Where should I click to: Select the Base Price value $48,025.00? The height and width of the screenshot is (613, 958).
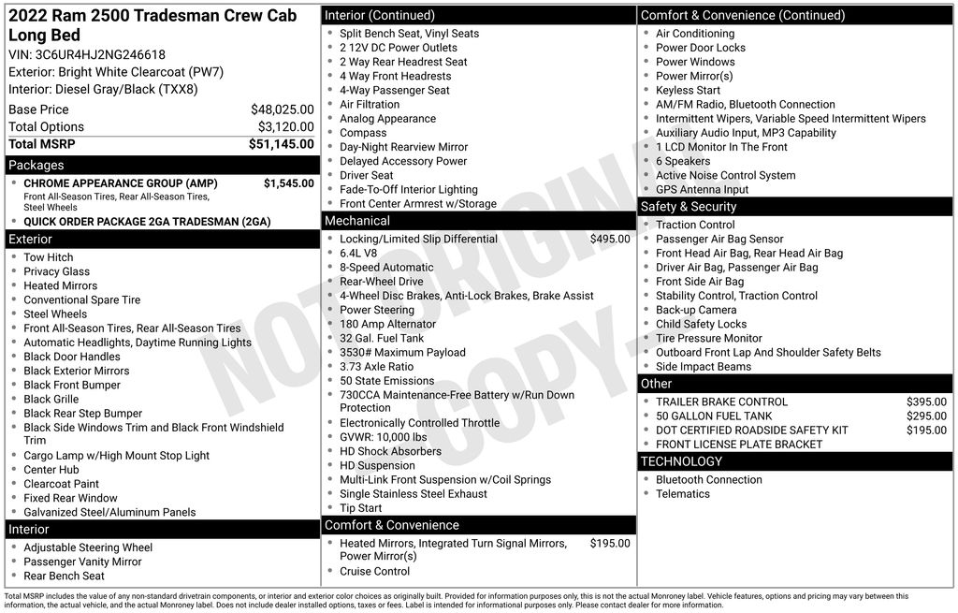[282, 109]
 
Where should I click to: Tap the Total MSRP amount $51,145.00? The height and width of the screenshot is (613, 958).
[281, 144]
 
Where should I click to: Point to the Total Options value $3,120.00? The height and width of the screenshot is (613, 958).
[285, 127]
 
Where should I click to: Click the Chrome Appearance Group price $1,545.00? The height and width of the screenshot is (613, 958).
[288, 183]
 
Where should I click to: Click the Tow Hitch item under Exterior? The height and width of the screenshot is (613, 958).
[48, 257]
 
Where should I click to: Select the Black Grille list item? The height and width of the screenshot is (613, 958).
[51, 400]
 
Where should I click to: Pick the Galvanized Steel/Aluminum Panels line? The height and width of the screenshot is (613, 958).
[109, 513]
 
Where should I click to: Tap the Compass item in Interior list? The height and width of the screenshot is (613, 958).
[363, 133]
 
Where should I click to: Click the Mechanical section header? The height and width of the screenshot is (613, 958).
[356, 221]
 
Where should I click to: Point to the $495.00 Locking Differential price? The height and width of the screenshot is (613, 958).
[609, 240]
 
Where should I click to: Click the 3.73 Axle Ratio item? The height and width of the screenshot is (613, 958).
[376, 367]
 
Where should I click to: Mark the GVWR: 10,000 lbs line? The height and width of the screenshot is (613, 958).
[383, 437]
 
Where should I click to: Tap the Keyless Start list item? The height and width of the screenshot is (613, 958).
[688, 91]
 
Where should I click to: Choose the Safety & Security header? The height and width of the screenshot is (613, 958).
[688, 207]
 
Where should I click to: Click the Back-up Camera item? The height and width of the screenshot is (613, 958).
[695, 310]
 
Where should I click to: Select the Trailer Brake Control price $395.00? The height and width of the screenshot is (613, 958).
[926, 402]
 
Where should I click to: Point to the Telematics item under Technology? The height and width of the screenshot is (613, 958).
[682, 494]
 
